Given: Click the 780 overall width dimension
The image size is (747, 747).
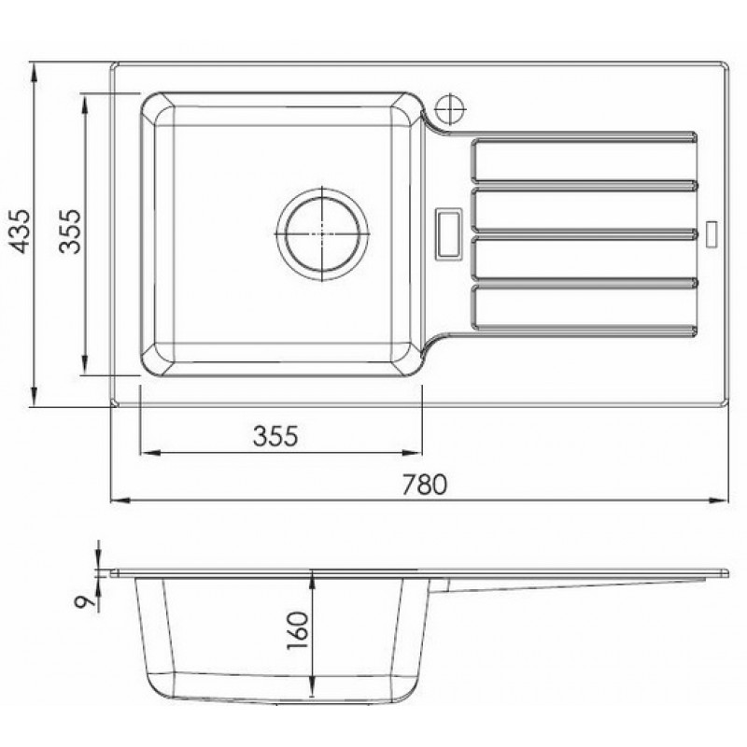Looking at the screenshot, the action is [425, 484].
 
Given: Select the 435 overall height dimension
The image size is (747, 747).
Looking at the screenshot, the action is [21, 231].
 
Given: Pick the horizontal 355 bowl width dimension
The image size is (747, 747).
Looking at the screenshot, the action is [275, 435].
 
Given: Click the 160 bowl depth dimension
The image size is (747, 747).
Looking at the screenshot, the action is [298, 630].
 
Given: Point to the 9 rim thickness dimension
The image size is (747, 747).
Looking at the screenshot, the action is [84, 601].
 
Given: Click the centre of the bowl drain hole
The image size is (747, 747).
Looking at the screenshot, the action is [322, 234].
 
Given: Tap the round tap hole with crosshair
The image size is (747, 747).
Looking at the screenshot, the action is [450, 109].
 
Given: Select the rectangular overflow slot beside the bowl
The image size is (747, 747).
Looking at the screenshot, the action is [449, 234].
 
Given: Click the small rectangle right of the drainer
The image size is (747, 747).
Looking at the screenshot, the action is [712, 234].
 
